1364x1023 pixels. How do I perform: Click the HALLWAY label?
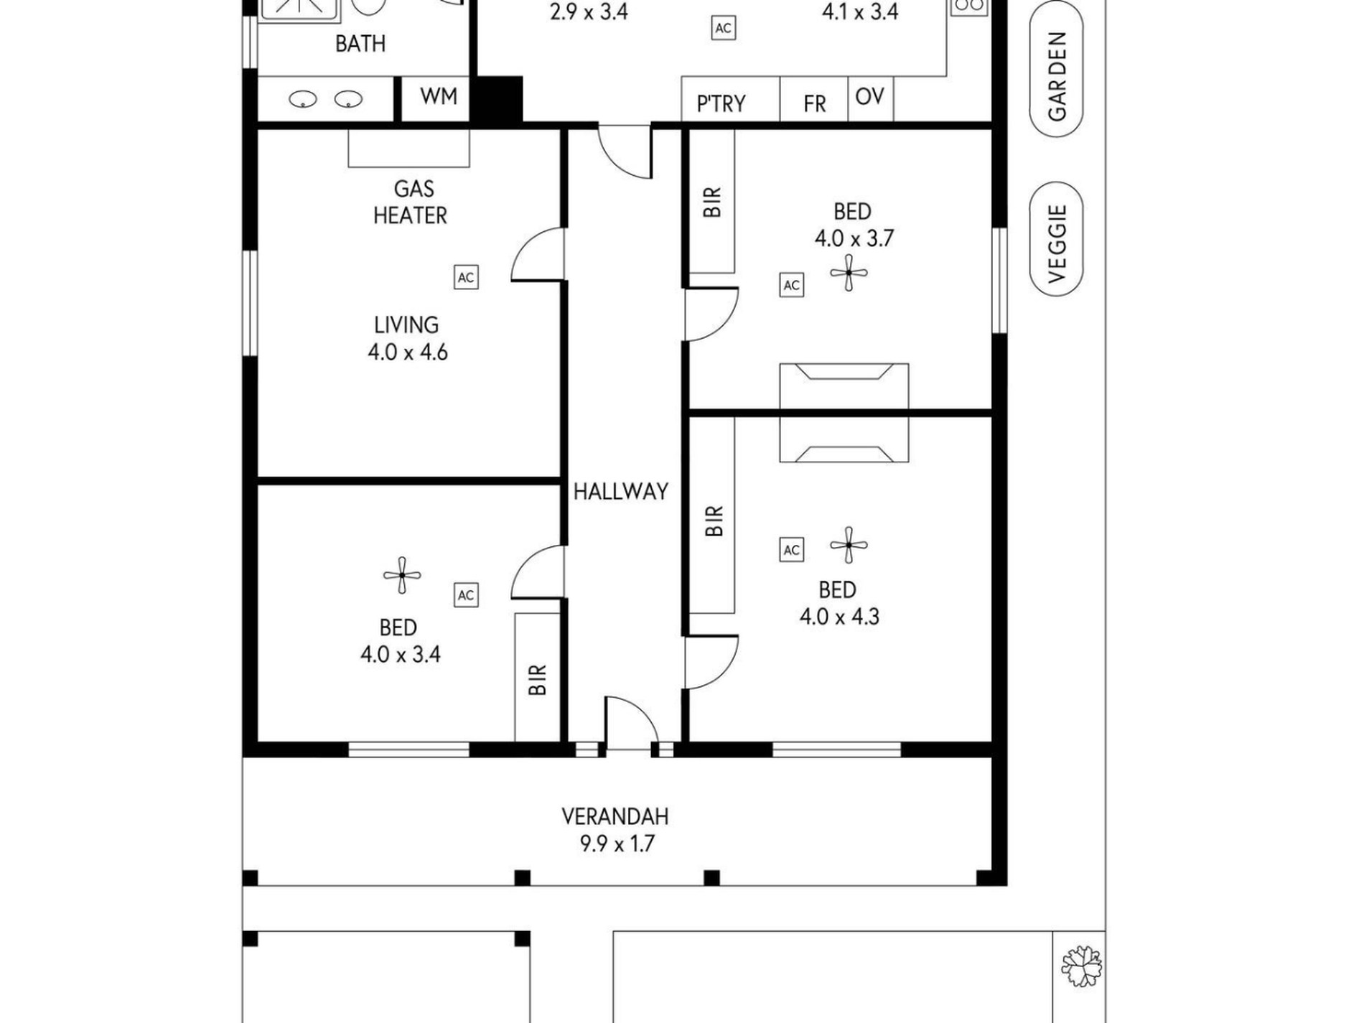[621, 492]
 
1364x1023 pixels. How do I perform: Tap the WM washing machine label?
[439, 96]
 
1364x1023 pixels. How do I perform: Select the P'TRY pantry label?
[721, 104]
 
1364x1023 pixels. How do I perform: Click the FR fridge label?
[815, 105]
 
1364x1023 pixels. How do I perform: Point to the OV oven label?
[870, 96]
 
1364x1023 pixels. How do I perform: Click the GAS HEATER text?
[411, 202]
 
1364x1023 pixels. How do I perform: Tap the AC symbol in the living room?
[466, 278]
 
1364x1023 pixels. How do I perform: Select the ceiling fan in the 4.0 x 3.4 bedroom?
[402, 575]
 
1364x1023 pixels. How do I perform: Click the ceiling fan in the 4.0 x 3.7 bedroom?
[849, 273]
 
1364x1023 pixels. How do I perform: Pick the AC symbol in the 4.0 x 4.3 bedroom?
[791, 550]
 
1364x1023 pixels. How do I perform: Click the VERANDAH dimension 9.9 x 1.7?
[617, 844]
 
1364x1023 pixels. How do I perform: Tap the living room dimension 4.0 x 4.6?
[408, 352]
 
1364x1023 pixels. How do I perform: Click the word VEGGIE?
[1057, 244]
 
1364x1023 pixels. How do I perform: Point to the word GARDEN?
[1057, 77]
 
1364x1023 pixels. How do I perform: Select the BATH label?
[360, 44]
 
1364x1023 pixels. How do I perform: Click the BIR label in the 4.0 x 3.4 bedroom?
[538, 679]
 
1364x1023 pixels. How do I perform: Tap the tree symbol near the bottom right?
[1082, 966]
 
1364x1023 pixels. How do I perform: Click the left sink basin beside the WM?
[303, 99]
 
